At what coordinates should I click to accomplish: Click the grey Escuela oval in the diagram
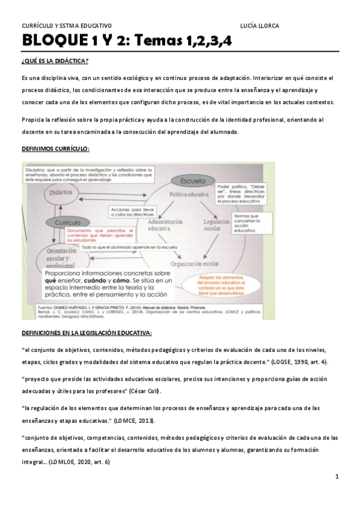click(x=191, y=180)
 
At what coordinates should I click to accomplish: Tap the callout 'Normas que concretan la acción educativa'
click(x=246, y=222)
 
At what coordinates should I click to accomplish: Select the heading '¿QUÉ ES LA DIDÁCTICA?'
click(x=55, y=61)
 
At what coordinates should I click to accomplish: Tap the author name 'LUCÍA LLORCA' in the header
click(x=259, y=25)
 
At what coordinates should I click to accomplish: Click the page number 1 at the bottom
click(x=337, y=477)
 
